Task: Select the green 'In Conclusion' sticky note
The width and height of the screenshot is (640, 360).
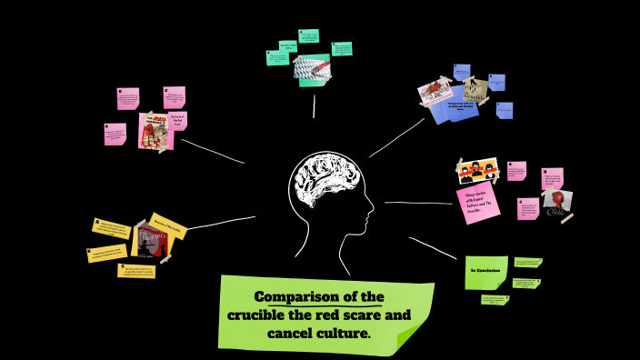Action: (486, 272)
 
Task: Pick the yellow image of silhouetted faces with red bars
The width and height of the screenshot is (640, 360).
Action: (477, 170)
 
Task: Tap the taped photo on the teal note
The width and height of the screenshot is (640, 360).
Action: (312, 67)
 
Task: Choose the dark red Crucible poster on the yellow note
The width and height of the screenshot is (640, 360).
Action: (153, 242)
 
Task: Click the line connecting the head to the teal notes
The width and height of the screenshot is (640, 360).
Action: (314, 106)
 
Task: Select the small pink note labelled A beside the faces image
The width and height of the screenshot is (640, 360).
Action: (516, 171)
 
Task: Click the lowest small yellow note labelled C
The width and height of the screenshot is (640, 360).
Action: (136, 271)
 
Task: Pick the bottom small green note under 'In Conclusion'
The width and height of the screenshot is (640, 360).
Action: (495, 299)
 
